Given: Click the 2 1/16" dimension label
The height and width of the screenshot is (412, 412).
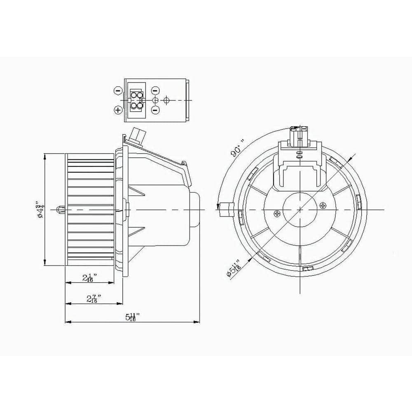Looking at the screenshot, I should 89,278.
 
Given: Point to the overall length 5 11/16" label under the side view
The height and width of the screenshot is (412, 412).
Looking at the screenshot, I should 132,317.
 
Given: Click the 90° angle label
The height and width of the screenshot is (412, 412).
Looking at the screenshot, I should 238,148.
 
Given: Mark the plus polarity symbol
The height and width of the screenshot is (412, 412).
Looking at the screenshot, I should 118,110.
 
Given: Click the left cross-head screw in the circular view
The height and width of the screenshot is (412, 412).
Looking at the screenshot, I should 277,213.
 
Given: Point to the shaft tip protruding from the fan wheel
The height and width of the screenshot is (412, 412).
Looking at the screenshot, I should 61,209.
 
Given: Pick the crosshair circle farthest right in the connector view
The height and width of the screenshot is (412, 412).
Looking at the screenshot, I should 166,100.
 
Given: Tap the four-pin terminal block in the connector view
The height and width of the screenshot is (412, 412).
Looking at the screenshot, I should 137,100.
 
